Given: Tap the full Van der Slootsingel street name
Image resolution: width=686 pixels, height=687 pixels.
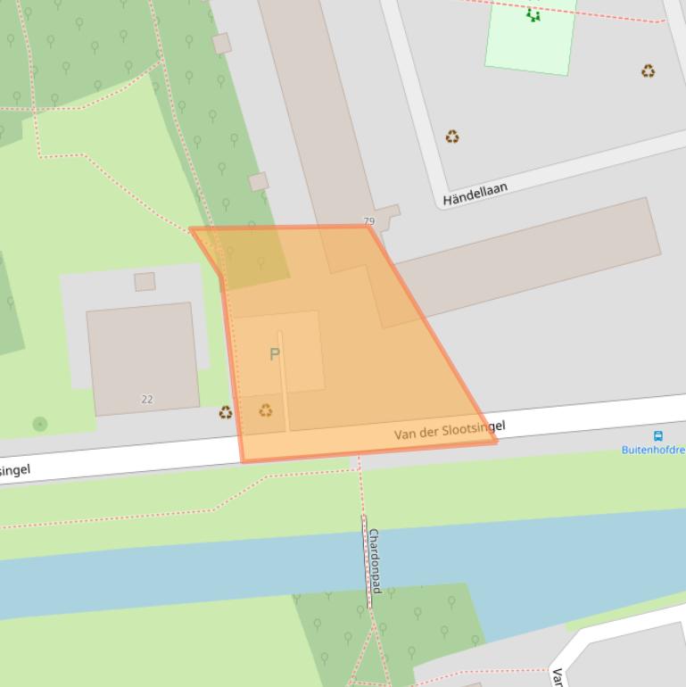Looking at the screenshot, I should [450, 430].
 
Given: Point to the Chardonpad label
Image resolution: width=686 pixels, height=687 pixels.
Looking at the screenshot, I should [376, 560].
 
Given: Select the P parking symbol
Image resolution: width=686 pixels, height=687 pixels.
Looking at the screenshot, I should [275, 354].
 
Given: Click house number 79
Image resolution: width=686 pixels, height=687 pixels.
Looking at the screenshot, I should [369, 220].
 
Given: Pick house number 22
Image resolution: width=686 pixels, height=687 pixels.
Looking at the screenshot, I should [147, 399].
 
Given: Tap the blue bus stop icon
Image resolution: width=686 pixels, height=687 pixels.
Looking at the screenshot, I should [658, 436].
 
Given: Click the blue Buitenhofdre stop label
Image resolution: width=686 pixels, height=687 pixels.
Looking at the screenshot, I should [653, 450].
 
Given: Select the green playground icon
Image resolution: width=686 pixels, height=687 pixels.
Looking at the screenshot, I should [533, 14].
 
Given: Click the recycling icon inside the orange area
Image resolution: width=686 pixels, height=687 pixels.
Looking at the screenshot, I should [266, 410].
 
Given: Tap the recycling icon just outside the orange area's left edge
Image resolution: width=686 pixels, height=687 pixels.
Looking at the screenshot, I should [226, 412].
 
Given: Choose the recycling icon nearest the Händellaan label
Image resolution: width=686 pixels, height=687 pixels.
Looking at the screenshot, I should [452, 137].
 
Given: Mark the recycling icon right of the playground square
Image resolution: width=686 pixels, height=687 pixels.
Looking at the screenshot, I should [648, 70].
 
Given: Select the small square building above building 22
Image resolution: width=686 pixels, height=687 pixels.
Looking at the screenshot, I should [145, 282].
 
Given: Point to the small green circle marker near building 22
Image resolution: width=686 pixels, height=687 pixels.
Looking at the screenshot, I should [40, 424].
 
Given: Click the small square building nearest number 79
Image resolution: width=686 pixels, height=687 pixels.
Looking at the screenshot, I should [387, 214].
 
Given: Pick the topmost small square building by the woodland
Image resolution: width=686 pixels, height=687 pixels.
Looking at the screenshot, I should [221, 43].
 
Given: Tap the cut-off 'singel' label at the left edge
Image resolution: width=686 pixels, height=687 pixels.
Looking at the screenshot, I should [15, 469].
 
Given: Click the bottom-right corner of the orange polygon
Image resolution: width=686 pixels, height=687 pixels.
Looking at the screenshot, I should [495, 441].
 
